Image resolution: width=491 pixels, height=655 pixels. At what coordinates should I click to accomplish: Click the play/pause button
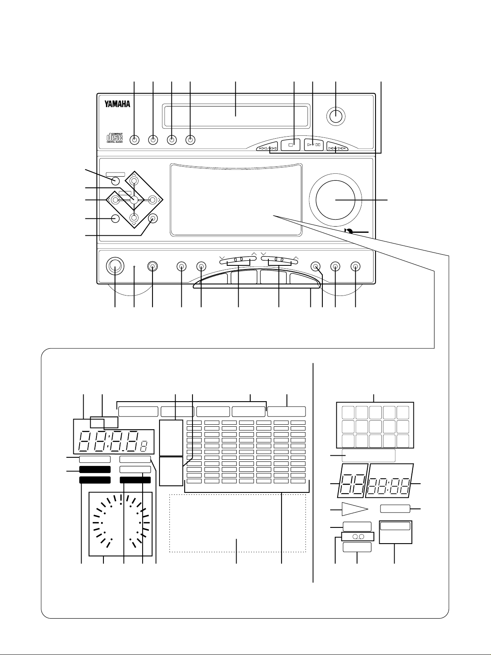click(314, 145)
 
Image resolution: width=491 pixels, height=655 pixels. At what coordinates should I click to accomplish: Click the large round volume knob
click(336, 200)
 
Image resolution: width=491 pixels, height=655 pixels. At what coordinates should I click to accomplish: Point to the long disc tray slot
click(235, 112)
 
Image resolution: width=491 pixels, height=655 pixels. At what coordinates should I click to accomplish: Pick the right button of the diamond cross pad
click(153, 200)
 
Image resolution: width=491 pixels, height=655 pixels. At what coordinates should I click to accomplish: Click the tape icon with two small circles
click(357, 537)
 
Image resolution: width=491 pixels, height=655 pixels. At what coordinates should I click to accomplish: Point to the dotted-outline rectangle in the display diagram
click(237, 523)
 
